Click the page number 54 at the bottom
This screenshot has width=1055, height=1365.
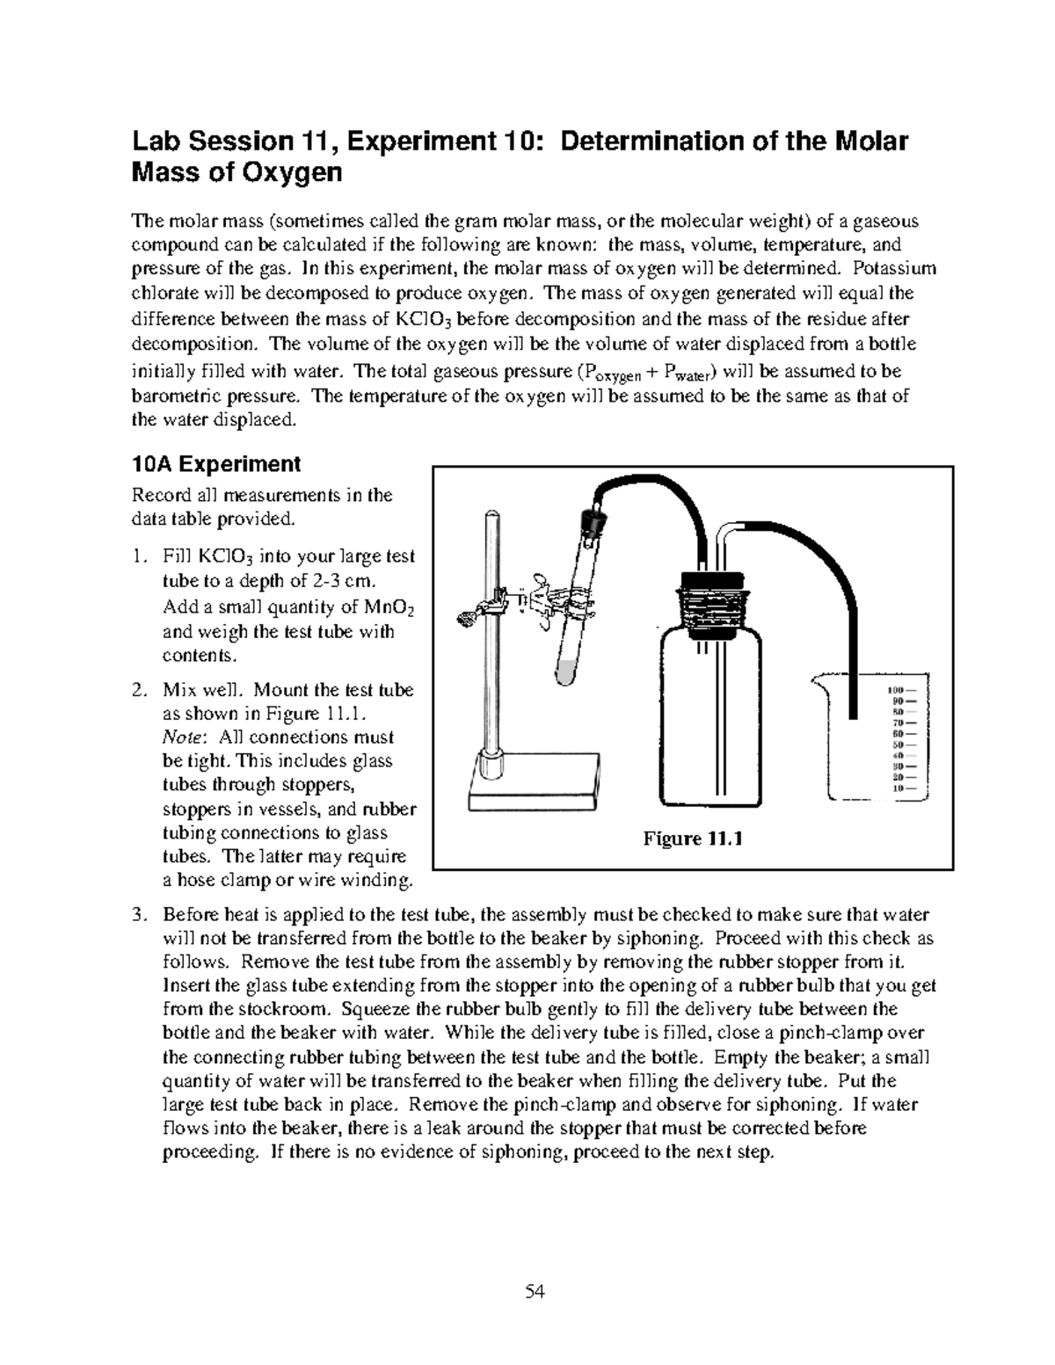[535, 1291]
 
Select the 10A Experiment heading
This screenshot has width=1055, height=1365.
[215, 463]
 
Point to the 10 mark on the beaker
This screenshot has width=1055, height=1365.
[898, 788]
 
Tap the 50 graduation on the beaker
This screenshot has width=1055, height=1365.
[898, 744]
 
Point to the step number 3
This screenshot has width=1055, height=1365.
[137, 915]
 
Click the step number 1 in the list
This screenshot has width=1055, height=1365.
[137, 556]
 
